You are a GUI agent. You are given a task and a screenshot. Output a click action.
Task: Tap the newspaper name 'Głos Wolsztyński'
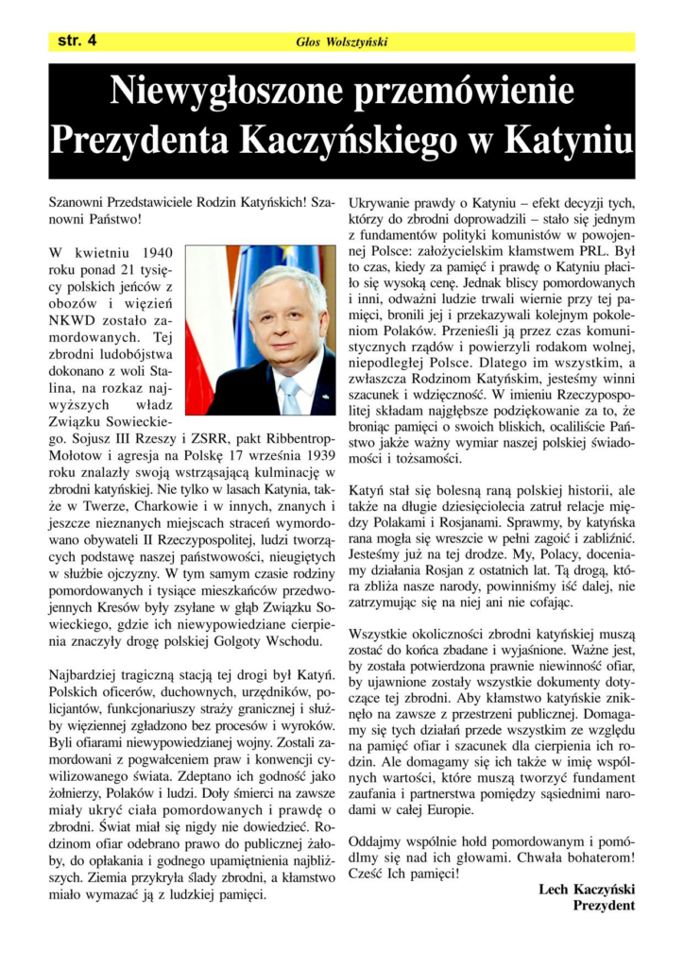(342, 42)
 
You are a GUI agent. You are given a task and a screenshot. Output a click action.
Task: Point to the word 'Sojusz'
(118, 439)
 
